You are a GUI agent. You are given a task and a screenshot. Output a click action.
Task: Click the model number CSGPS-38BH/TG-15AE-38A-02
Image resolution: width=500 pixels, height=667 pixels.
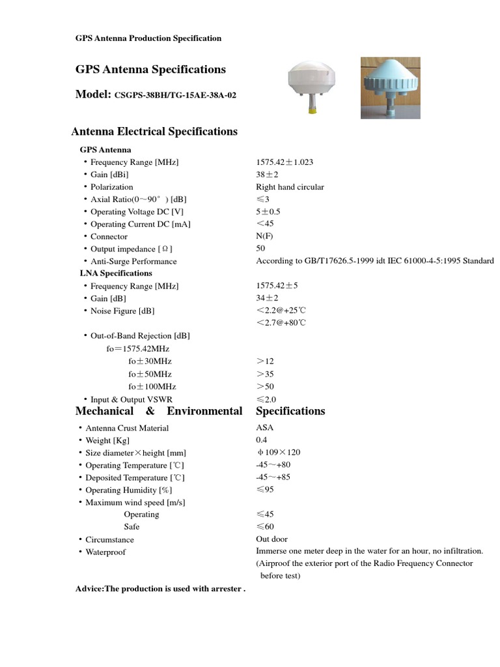tap(175, 95)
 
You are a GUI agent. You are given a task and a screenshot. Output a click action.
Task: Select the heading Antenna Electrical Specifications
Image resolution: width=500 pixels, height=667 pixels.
tap(154, 132)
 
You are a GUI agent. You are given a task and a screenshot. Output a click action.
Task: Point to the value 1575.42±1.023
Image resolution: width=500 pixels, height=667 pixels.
tap(288, 162)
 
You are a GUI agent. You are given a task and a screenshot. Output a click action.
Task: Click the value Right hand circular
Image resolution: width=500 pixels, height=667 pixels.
tap(290, 187)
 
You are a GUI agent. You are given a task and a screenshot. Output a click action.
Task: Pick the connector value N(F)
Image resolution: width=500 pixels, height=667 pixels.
tap(265, 236)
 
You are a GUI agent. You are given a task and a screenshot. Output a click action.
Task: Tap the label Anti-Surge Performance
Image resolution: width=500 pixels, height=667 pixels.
tap(133, 261)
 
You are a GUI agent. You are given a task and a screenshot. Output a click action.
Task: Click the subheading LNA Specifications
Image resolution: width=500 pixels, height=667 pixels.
tap(116, 274)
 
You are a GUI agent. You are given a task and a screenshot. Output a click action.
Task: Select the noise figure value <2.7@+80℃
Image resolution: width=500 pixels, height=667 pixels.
tap(281, 323)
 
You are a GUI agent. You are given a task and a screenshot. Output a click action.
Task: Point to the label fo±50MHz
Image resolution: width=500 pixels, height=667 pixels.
tap(152, 374)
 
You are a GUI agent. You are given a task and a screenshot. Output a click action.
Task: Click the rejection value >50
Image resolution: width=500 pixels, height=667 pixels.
tap(265, 386)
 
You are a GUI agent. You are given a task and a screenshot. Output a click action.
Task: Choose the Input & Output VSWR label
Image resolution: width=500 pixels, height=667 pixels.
tap(132, 399)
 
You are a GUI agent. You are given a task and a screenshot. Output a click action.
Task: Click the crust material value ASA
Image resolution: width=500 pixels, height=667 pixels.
tap(265, 428)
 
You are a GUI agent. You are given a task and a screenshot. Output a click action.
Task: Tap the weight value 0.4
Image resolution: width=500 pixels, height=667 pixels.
tap(262, 440)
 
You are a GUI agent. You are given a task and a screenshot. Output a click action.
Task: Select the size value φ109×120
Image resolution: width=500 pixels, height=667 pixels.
tap(279, 453)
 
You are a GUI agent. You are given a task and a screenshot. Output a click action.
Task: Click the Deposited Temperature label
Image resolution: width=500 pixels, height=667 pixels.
tap(135, 477)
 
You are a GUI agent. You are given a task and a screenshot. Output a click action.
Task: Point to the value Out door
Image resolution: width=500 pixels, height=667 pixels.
tap(271, 539)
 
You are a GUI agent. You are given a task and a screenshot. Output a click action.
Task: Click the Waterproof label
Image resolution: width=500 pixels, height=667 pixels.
tap(105, 552)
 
